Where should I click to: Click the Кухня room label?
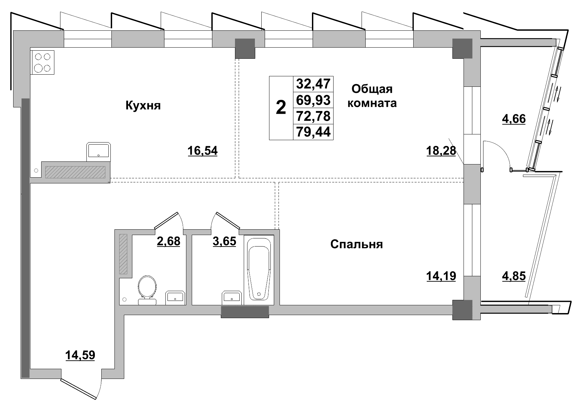143,106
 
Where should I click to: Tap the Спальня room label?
357,244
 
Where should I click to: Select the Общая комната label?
372,96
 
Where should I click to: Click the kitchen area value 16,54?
203,151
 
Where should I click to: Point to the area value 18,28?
441,151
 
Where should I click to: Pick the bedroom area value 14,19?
441,276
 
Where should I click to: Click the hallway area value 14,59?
80,355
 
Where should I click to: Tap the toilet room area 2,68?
168,241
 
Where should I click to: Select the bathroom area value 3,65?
224,241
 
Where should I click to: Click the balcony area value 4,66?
514,119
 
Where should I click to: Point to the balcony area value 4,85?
514,276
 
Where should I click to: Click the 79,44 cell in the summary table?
313,132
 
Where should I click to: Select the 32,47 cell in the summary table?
313,84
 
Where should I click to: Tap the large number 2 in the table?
281,108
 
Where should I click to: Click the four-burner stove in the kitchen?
43,62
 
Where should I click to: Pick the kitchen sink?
99,150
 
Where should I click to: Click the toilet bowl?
147,290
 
